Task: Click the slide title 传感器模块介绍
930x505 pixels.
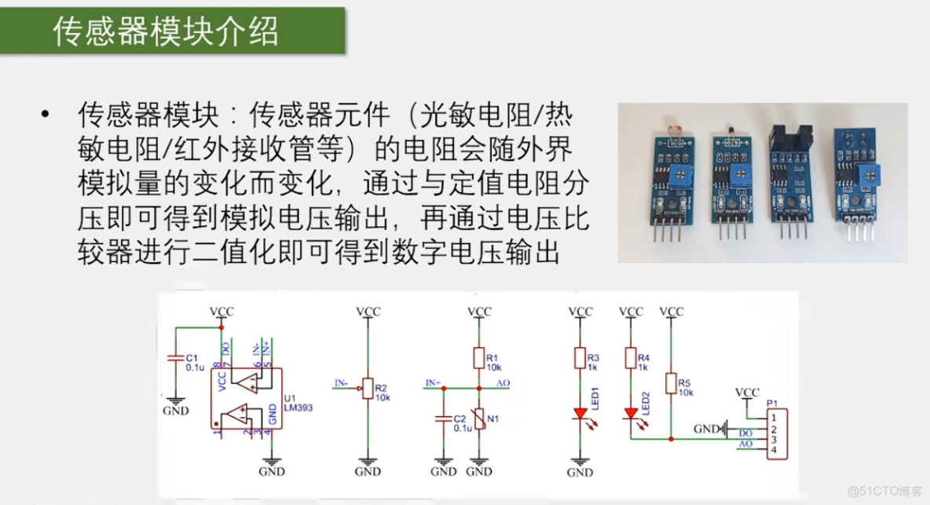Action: [x=166, y=31]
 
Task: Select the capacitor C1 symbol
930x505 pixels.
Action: [x=175, y=358]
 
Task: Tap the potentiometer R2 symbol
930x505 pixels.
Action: [x=367, y=387]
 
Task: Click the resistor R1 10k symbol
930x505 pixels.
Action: [x=479, y=358]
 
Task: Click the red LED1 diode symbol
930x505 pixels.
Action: [x=580, y=412]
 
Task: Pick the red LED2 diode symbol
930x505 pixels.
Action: [x=631, y=412]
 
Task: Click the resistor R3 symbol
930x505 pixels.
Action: [x=580, y=359]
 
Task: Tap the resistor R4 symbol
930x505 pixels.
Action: [x=631, y=359]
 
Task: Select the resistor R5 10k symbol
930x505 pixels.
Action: [x=672, y=384]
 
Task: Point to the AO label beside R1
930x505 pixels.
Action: [x=504, y=382]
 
